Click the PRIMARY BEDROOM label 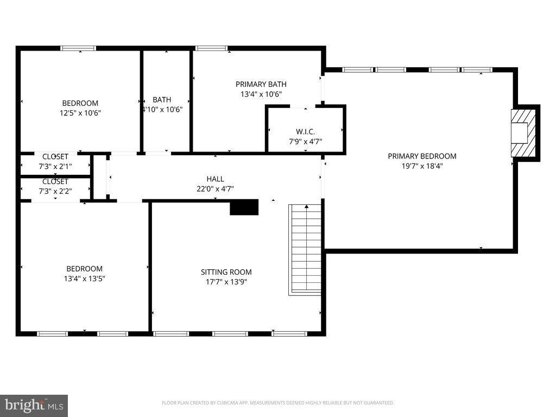422,156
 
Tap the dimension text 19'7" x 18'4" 422,167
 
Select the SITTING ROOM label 226,272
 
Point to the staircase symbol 305,249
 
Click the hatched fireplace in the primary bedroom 523,132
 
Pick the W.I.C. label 305,132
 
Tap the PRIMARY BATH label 261,84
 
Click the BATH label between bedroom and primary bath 162,99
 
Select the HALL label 215,179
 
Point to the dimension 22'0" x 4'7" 215,189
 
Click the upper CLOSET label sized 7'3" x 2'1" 55,156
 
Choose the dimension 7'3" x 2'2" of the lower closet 55,191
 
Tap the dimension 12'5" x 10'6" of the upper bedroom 80,113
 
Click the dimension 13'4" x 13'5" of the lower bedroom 84,279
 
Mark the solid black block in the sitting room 244,207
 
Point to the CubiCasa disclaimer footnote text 277,403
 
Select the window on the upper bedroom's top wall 78,48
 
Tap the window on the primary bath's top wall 211,48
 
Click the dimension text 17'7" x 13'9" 226,282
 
